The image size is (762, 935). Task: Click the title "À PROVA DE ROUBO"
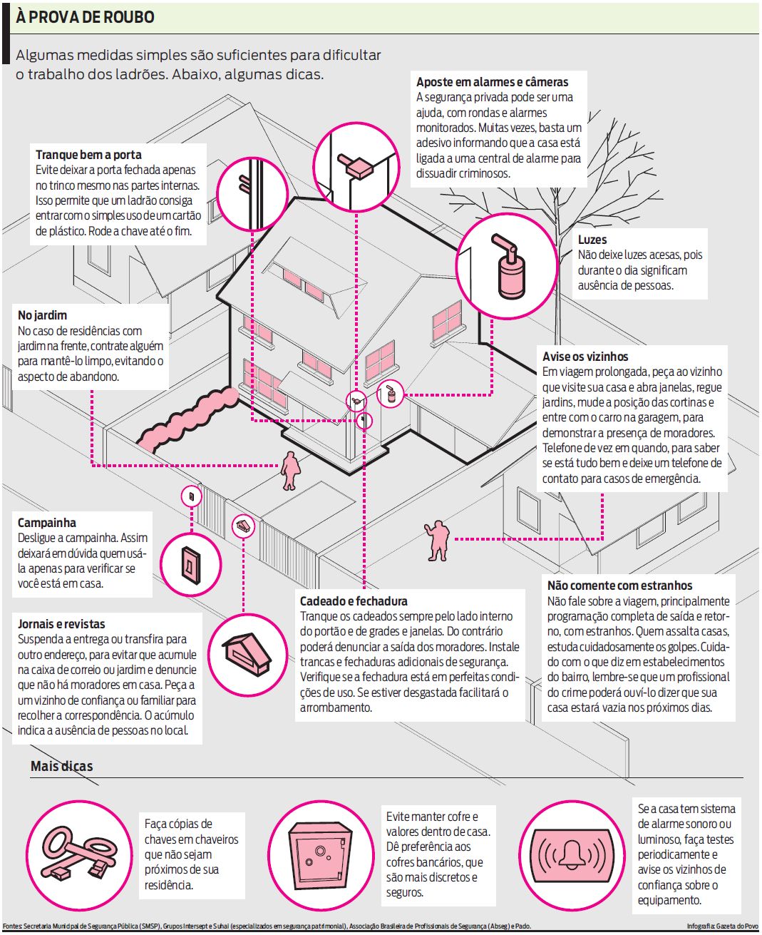coord(85,17)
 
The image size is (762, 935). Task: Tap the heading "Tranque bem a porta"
coord(88,155)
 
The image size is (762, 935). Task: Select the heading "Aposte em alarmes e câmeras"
coord(492,82)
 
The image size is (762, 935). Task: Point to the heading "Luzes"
coord(592,240)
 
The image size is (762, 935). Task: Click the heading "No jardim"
coord(42,315)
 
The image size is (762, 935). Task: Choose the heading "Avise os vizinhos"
coord(585,357)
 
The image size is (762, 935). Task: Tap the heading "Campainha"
coord(46,523)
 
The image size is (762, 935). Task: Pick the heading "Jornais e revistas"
coord(61,624)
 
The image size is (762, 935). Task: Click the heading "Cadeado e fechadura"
coord(354,601)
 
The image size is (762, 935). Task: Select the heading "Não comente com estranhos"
coord(619,586)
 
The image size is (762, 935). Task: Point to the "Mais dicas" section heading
coord(61,767)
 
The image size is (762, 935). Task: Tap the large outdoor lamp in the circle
coord(507,265)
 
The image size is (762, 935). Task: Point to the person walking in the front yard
coord(289,470)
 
